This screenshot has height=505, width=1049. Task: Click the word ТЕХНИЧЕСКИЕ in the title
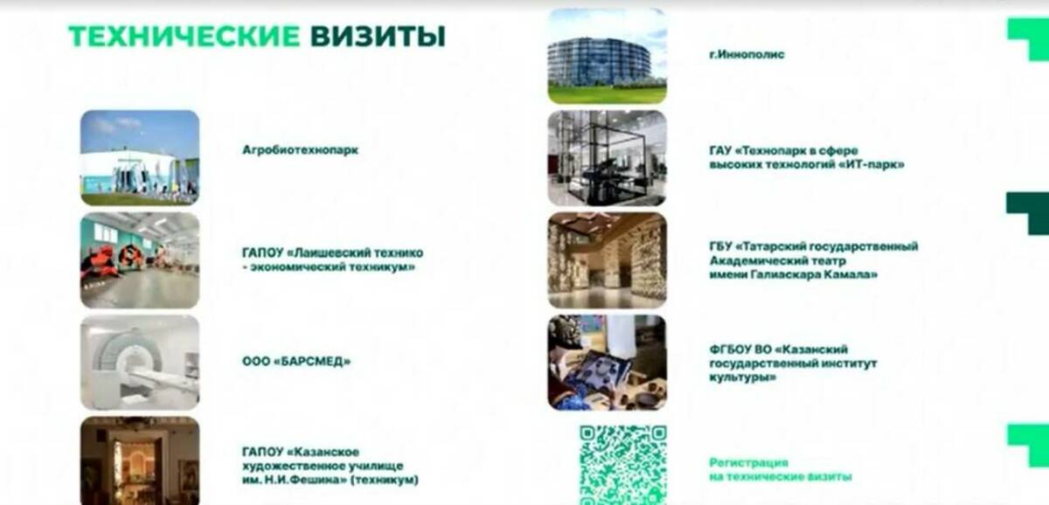[184, 36]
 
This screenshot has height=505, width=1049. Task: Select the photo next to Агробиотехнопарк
[140, 157]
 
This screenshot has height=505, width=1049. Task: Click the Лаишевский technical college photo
[140, 259]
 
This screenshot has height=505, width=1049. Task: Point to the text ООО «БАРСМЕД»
[295, 361]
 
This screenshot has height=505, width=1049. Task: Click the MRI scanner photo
[140, 362]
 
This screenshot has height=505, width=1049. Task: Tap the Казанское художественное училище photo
[140, 460]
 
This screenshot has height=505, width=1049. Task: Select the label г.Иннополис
[747, 54]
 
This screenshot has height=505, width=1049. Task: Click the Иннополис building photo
[607, 56]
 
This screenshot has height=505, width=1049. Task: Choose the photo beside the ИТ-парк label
[607, 158]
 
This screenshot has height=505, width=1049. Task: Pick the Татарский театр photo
[607, 259]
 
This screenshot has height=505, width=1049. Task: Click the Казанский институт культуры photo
[607, 362]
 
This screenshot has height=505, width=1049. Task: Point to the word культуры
[734, 377]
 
